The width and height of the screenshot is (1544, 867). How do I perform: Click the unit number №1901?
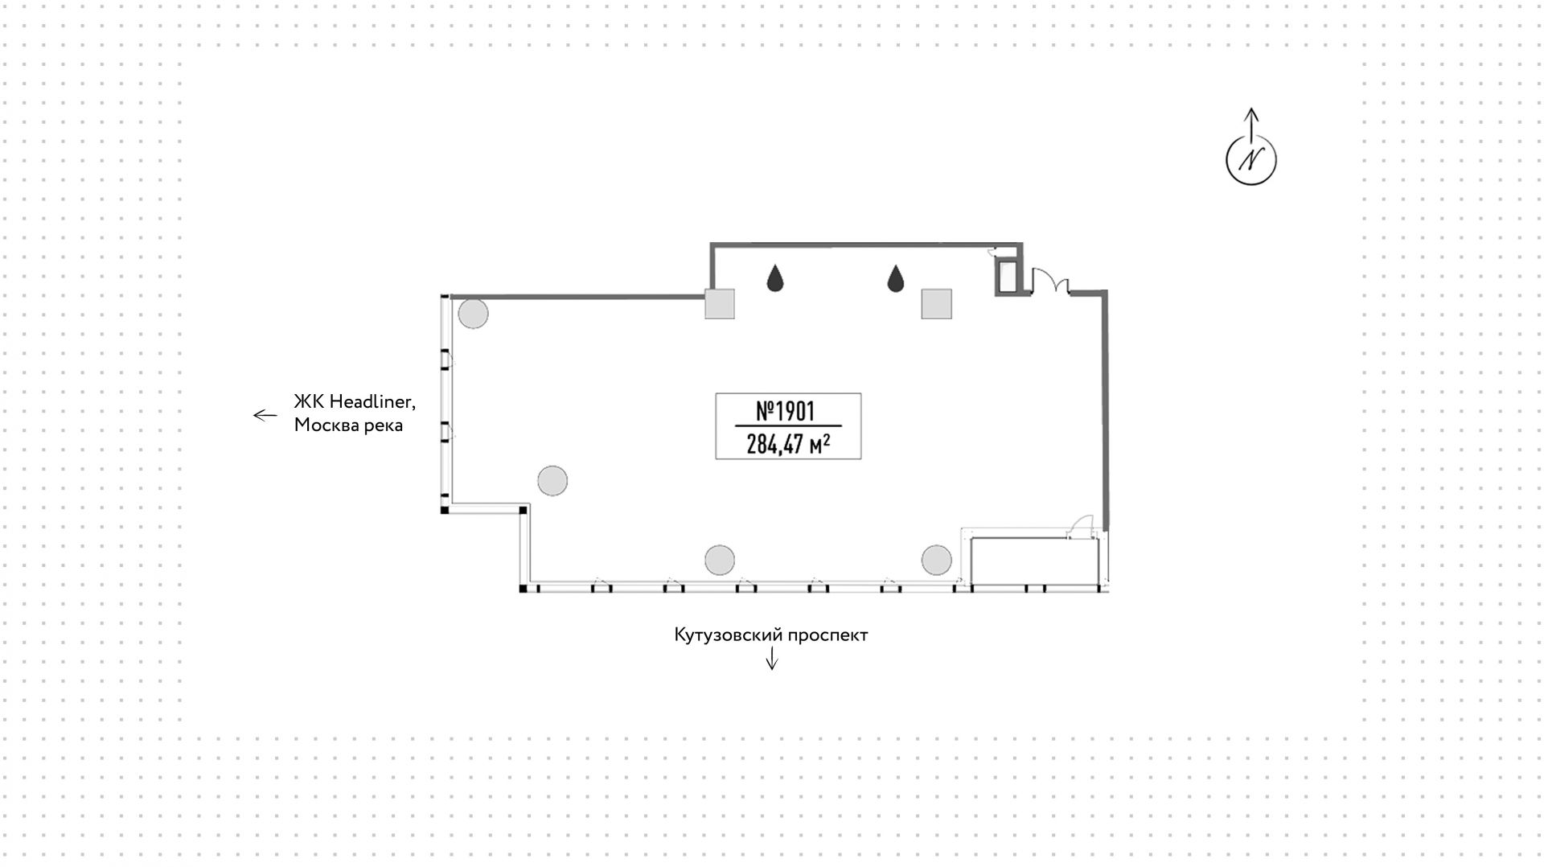pos(786,411)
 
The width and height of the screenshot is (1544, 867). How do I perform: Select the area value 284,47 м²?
pos(788,443)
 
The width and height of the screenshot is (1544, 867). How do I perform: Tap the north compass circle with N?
pos(1250,159)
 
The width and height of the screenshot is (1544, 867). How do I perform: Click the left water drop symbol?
pos(775,278)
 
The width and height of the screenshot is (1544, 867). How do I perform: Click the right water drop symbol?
pos(896,278)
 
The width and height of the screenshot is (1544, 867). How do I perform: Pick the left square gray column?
pos(720,304)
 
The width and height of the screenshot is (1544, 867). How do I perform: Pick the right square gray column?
pos(936,304)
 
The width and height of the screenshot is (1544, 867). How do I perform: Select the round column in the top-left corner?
pos(473,314)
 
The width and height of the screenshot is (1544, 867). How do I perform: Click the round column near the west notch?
pos(552,481)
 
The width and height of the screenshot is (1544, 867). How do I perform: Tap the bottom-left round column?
pos(720,560)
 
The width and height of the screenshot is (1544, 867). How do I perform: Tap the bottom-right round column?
pos(937,560)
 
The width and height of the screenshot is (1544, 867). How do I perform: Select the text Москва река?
pos(348,425)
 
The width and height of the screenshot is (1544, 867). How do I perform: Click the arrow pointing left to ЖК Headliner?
pos(265,415)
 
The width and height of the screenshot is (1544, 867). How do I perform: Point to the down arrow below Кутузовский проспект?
pos(772,659)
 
